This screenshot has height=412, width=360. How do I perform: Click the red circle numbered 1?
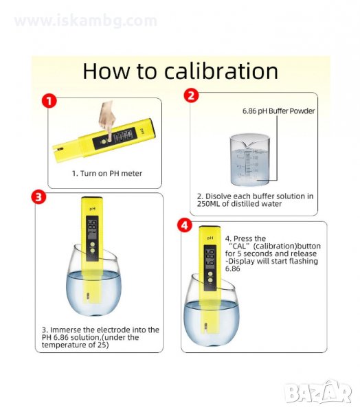click(x=49, y=101)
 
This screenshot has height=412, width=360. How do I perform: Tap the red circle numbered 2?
click(x=192, y=95)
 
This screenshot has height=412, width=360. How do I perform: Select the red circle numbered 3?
click(x=38, y=197)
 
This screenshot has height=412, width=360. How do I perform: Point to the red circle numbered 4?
click(x=185, y=225)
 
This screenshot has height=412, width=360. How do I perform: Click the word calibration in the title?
click(x=221, y=71)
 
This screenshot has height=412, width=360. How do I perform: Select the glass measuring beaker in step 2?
click(x=249, y=159)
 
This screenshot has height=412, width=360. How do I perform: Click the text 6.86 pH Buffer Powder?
click(x=278, y=111)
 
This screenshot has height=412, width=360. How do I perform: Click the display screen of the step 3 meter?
click(x=92, y=229)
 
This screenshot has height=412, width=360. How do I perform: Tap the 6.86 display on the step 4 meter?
click(x=210, y=259)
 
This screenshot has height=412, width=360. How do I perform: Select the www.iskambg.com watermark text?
click(x=86, y=21)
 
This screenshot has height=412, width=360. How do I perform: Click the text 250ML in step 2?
click(x=208, y=204)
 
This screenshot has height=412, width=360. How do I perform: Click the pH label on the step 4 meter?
click(x=210, y=238)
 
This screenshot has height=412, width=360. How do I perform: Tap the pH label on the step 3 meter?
click(x=92, y=209)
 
